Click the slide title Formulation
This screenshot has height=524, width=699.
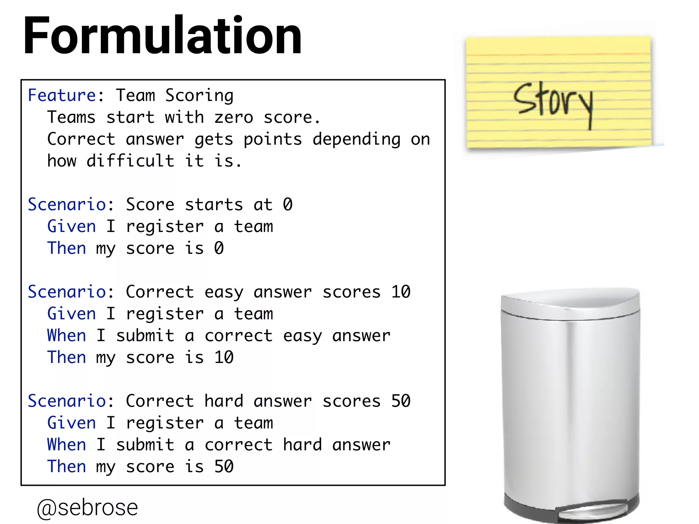[x=162, y=36]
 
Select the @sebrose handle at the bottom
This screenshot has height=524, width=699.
[x=87, y=508]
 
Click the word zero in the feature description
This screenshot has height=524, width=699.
[x=234, y=118]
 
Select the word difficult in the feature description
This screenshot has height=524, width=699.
[x=130, y=161]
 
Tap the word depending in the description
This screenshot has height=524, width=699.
[x=357, y=139]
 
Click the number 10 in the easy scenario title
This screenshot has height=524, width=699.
[x=401, y=292]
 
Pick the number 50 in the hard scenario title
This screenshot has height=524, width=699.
[x=401, y=401]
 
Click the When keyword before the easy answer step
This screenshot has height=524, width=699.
[x=67, y=336]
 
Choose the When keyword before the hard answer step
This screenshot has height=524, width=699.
[x=67, y=445]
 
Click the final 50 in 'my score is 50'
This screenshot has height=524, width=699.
[x=224, y=467]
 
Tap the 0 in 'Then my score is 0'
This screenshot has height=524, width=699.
[x=219, y=248]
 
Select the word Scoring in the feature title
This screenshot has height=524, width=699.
[x=199, y=96]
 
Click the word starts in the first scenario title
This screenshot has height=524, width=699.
[x=214, y=205]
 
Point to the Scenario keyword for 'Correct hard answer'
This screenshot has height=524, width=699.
[x=67, y=401]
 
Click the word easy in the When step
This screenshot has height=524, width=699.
[x=302, y=336]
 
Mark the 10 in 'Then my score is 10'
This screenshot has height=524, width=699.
[x=224, y=358]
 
